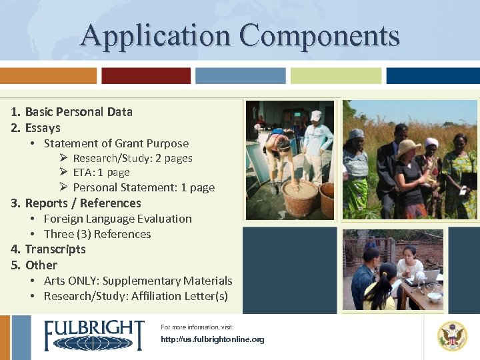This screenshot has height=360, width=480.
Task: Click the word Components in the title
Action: click(x=320, y=35)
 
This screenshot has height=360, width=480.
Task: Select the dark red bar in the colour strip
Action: click(x=146, y=75)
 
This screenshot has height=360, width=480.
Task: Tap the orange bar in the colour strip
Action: click(x=48, y=75)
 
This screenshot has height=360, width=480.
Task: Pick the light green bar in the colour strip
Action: click(x=336, y=75)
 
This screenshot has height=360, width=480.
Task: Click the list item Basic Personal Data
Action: click(x=78, y=112)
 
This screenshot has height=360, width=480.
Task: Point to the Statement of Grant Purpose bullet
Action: click(x=116, y=143)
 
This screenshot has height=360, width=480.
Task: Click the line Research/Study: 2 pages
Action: click(x=133, y=159)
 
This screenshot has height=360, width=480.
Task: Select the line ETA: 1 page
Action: click(x=101, y=173)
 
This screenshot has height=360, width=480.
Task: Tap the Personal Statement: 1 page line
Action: click(x=143, y=187)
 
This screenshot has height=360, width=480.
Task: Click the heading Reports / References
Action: click(x=83, y=203)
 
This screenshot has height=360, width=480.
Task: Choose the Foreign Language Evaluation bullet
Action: click(x=117, y=219)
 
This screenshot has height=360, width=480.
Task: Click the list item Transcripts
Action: click(x=55, y=249)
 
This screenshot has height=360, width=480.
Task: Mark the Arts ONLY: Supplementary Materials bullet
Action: click(x=138, y=281)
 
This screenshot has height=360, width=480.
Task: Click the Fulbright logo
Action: click(x=94, y=335)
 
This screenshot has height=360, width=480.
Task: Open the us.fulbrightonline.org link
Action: click(x=213, y=339)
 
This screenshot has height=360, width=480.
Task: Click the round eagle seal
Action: click(x=452, y=336)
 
